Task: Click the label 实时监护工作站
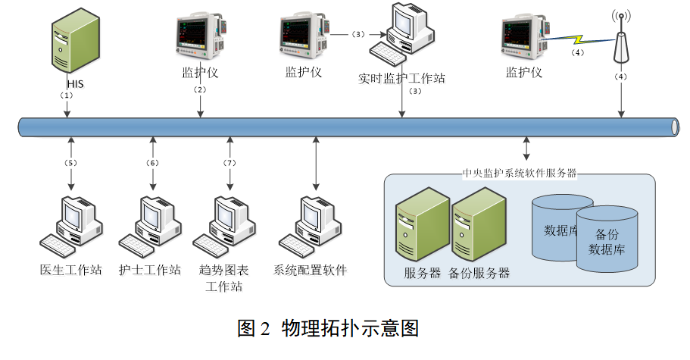click(x=401, y=77)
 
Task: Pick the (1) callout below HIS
click(x=67, y=96)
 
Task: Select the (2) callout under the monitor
click(x=200, y=89)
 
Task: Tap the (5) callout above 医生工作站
click(x=70, y=162)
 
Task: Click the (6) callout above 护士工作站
click(x=153, y=162)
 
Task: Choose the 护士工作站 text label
click(x=150, y=270)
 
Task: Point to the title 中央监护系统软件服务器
click(x=519, y=174)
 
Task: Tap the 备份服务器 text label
click(x=479, y=274)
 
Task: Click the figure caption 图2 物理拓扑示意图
click(x=328, y=328)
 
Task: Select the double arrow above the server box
click(x=526, y=149)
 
